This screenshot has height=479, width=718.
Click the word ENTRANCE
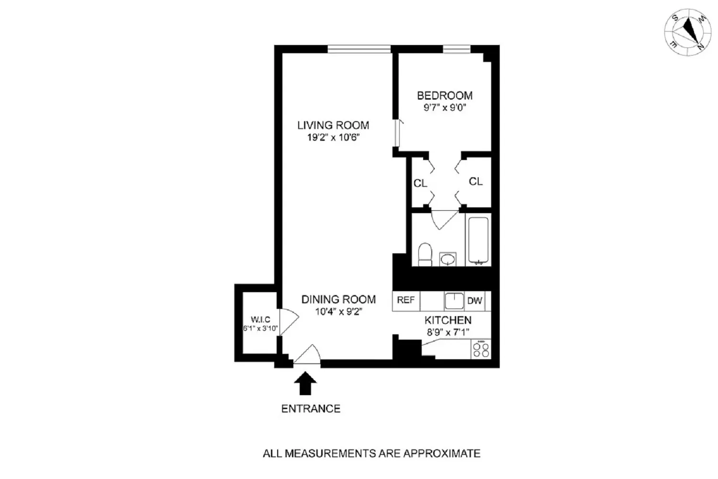click(x=311, y=409)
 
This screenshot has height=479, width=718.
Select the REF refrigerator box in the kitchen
click(x=406, y=300)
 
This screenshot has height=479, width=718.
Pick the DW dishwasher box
click(x=474, y=301)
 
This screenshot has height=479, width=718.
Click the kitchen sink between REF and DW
click(x=454, y=301)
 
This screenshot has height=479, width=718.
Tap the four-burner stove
click(x=480, y=349)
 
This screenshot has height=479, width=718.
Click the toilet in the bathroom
click(x=425, y=254)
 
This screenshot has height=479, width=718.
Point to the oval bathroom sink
click(x=448, y=260)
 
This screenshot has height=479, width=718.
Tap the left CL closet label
click(x=420, y=183)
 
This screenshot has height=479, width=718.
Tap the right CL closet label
click(x=475, y=182)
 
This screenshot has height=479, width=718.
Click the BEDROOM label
click(x=445, y=95)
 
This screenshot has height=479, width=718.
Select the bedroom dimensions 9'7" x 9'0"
click(x=445, y=108)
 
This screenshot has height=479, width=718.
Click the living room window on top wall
click(x=359, y=48)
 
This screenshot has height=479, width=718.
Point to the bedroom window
click(x=456, y=48)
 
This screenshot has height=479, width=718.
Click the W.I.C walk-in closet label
click(x=260, y=319)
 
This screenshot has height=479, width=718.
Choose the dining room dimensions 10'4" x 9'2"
click(x=338, y=312)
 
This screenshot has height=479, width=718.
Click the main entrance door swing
click(x=308, y=355)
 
